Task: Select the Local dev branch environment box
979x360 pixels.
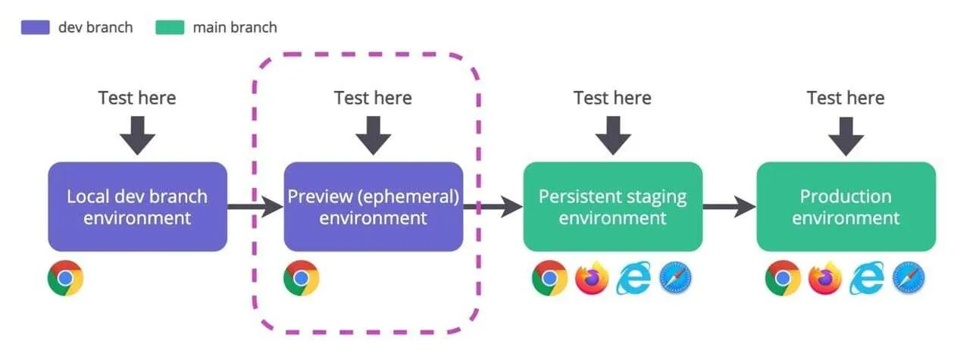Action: [x=137, y=206]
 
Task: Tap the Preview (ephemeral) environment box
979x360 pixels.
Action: [x=373, y=206]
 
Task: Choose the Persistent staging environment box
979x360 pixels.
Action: [x=612, y=206]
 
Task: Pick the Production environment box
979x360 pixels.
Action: [x=846, y=206]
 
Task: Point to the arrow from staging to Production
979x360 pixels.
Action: [x=729, y=206]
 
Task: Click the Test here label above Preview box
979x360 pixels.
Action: [x=373, y=98]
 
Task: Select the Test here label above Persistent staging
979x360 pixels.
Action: [x=612, y=98]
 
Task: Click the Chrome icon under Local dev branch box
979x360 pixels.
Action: [x=65, y=278]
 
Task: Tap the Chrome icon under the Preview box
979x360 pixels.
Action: [x=301, y=278]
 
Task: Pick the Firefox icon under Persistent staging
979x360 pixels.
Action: [x=592, y=278]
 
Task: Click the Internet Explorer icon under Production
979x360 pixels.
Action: [x=867, y=278]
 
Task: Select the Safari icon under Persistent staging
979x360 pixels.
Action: [x=675, y=278]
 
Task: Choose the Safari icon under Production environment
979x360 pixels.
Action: [x=909, y=278]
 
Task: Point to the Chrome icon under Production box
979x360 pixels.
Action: [x=783, y=278]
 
